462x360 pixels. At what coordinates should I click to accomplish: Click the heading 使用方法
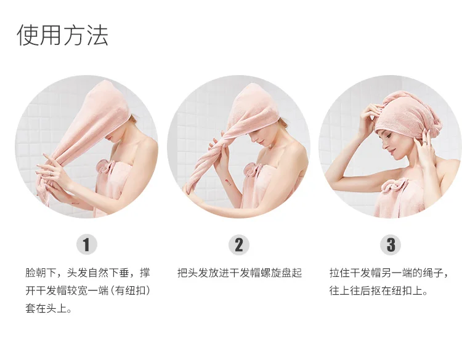pos(62,35)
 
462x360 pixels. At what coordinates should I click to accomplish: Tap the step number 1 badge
pos(86,245)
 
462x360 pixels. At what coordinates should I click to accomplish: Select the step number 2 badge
pos(238,245)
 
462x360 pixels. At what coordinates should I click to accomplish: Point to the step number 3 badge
pos(391,245)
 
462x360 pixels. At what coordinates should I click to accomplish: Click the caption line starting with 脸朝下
pos(87,273)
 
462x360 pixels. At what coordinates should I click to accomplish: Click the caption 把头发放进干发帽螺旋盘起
pos(239,273)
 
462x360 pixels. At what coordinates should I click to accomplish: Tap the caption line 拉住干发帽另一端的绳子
pos(389,273)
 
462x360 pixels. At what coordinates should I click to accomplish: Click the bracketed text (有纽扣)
pos(130,290)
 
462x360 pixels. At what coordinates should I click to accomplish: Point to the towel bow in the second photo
pos(252,169)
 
